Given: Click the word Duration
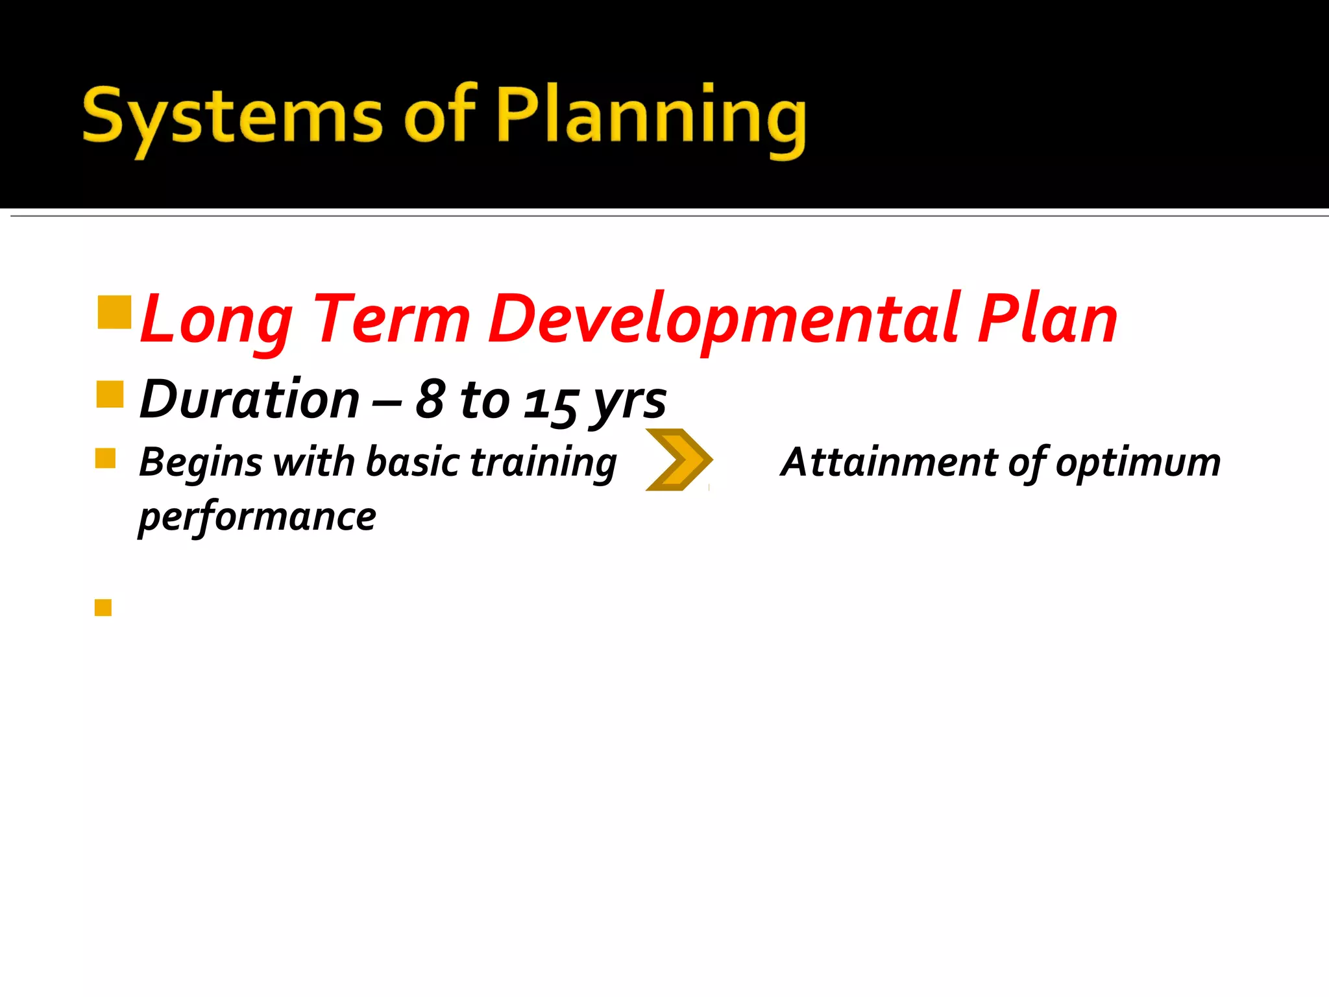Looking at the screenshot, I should (249, 399).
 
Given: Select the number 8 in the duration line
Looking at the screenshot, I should (430, 399).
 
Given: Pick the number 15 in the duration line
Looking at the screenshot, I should (550, 402).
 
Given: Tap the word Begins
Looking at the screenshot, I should (201, 463).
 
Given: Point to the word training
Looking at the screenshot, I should (543, 463).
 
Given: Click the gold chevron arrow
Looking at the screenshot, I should (679, 460).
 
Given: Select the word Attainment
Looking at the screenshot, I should (890, 462).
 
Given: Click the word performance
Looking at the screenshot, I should (258, 517).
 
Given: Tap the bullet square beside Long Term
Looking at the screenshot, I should (114, 312).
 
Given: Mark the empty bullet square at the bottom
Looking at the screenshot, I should (103, 608).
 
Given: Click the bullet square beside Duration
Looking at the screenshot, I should (110, 394).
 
